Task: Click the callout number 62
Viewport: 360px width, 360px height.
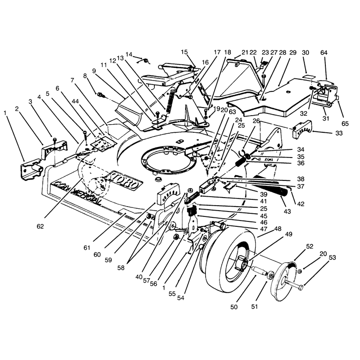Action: point(40,226)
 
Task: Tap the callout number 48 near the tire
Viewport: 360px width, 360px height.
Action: point(278,229)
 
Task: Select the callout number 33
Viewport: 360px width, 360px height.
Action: point(339,133)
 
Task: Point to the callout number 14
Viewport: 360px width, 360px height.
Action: point(129,54)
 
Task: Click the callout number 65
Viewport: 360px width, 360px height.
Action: point(345,123)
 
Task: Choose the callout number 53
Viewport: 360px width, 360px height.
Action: point(332,257)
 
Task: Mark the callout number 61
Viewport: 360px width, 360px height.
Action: point(87,248)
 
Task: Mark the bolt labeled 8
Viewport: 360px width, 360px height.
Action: point(100,94)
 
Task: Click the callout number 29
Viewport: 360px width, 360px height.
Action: point(293,53)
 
